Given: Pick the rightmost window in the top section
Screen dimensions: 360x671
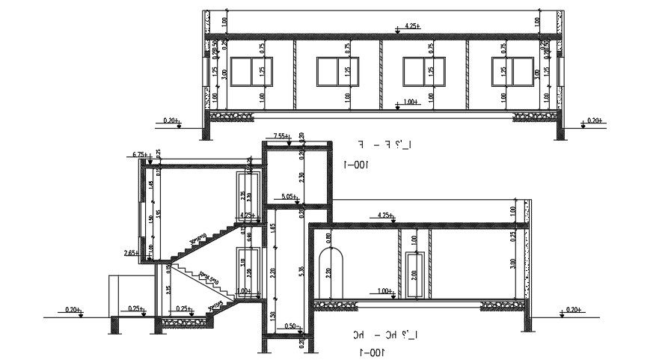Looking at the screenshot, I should [x=511, y=72].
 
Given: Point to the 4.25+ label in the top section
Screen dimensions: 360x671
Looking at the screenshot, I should [x=412, y=27].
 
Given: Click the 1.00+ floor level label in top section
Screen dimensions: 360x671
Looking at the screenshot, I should [x=410, y=101].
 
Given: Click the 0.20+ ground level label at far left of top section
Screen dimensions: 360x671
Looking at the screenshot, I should [x=171, y=120].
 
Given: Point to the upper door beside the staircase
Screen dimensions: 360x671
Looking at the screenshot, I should [x=245, y=193].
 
